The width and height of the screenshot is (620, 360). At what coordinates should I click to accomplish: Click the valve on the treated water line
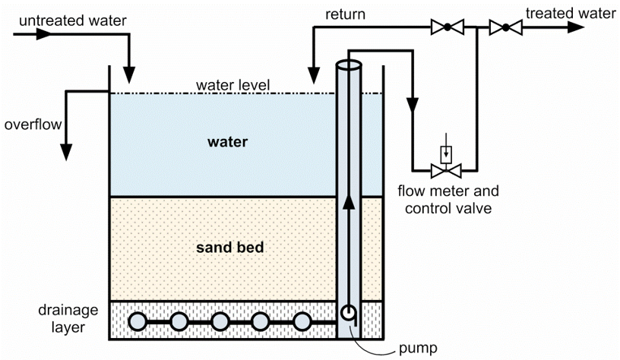[505, 28]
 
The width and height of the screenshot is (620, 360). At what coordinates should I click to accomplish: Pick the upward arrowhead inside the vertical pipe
[350, 201]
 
